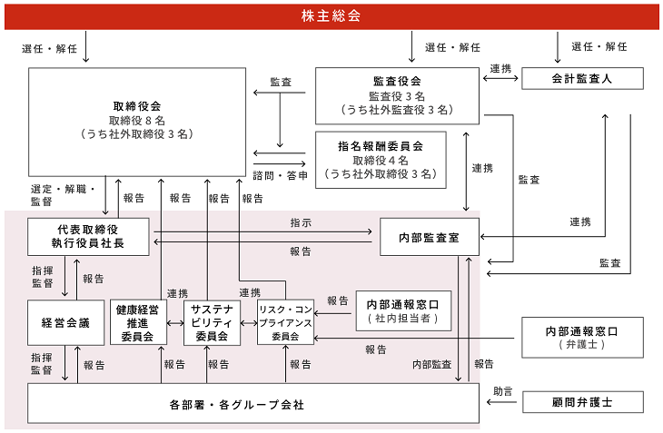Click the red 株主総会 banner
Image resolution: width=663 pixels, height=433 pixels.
coord(331,17)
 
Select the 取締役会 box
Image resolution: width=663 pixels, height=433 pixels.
coord(137,122)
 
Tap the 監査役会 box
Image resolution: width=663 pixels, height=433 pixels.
coord(397,96)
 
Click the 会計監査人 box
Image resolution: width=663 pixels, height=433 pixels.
coord(582,79)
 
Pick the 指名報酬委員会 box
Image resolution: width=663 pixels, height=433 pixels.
coord(381,160)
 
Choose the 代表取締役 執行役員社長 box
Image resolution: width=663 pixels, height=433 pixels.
coord(88,237)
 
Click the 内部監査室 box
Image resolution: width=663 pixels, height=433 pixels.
coord(430,237)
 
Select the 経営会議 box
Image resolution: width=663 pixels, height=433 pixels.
coord(65,323)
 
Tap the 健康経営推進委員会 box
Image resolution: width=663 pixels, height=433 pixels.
coord(138,322)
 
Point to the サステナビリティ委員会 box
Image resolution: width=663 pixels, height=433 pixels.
coord(212,322)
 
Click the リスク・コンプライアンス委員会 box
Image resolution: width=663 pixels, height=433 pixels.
coord(285,322)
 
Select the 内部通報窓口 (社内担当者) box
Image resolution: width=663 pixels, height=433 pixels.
coord(403,311)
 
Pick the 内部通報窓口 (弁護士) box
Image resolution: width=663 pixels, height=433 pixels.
coord(582,338)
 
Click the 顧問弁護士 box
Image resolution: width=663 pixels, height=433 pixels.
coord(583,402)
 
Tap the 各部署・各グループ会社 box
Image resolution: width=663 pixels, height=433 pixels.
coord(253,403)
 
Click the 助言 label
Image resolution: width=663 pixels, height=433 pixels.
coord(503,391)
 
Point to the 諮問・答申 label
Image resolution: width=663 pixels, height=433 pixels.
coord(281,175)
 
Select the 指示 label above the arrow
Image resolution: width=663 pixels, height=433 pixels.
coord(301,222)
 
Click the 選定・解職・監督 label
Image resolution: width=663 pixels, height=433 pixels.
coord(63,195)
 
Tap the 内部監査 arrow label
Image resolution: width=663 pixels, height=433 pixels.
coord(431,364)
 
